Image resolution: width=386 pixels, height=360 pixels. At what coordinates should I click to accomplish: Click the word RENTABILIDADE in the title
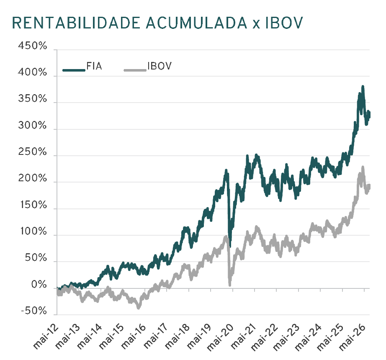(76, 23)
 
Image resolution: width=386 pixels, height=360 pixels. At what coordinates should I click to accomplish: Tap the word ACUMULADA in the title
(196, 23)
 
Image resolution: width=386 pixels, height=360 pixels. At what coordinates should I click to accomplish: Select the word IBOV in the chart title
(284, 23)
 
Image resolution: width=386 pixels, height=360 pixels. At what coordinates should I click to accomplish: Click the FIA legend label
(94, 66)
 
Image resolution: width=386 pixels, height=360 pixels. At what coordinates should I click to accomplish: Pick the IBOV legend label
(160, 66)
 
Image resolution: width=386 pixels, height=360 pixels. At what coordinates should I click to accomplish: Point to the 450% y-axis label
(32, 46)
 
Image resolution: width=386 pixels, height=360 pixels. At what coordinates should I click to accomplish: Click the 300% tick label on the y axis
(32, 126)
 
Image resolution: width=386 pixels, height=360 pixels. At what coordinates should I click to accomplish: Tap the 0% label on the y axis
(39, 285)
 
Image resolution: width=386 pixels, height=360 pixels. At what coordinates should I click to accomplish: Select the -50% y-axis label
(34, 311)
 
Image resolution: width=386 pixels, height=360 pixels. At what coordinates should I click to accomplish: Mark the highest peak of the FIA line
(363, 86)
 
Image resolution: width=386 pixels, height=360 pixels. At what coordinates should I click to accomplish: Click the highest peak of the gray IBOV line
(363, 167)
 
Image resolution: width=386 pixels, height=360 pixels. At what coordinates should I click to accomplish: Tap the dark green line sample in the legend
(74, 70)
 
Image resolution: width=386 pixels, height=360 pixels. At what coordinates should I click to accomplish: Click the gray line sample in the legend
(135, 70)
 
